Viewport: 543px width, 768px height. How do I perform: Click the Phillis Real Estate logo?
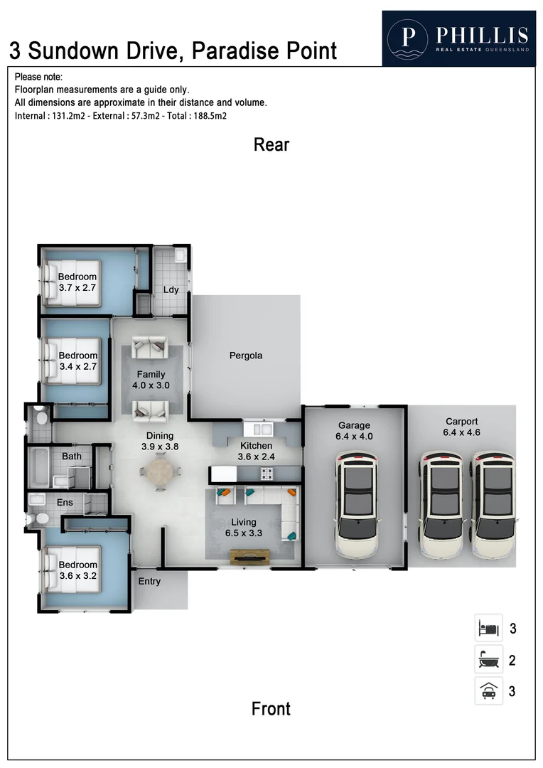[x=458, y=38]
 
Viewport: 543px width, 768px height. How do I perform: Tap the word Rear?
[x=271, y=145]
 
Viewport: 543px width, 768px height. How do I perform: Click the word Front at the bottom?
[x=271, y=708]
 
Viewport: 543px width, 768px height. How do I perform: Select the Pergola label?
[x=246, y=356]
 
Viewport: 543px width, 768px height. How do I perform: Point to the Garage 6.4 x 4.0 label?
[x=354, y=431]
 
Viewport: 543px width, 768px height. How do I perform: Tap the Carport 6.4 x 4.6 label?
[x=461, y=426]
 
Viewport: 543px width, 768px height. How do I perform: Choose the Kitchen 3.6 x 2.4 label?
[x=255, y=451]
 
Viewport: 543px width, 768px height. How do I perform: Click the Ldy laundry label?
[x=171, y=289]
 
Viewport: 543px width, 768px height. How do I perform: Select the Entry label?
[x=149, y=581]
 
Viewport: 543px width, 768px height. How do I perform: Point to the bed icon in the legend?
[x=488, y=629]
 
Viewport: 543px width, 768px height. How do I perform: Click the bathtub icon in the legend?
[x=488, y=660]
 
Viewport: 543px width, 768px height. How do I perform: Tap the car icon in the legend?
[x=488, y=690]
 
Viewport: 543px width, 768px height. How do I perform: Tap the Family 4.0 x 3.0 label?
[x=151, y=380]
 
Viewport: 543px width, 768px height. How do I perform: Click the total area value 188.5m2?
[x=207, y=115]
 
